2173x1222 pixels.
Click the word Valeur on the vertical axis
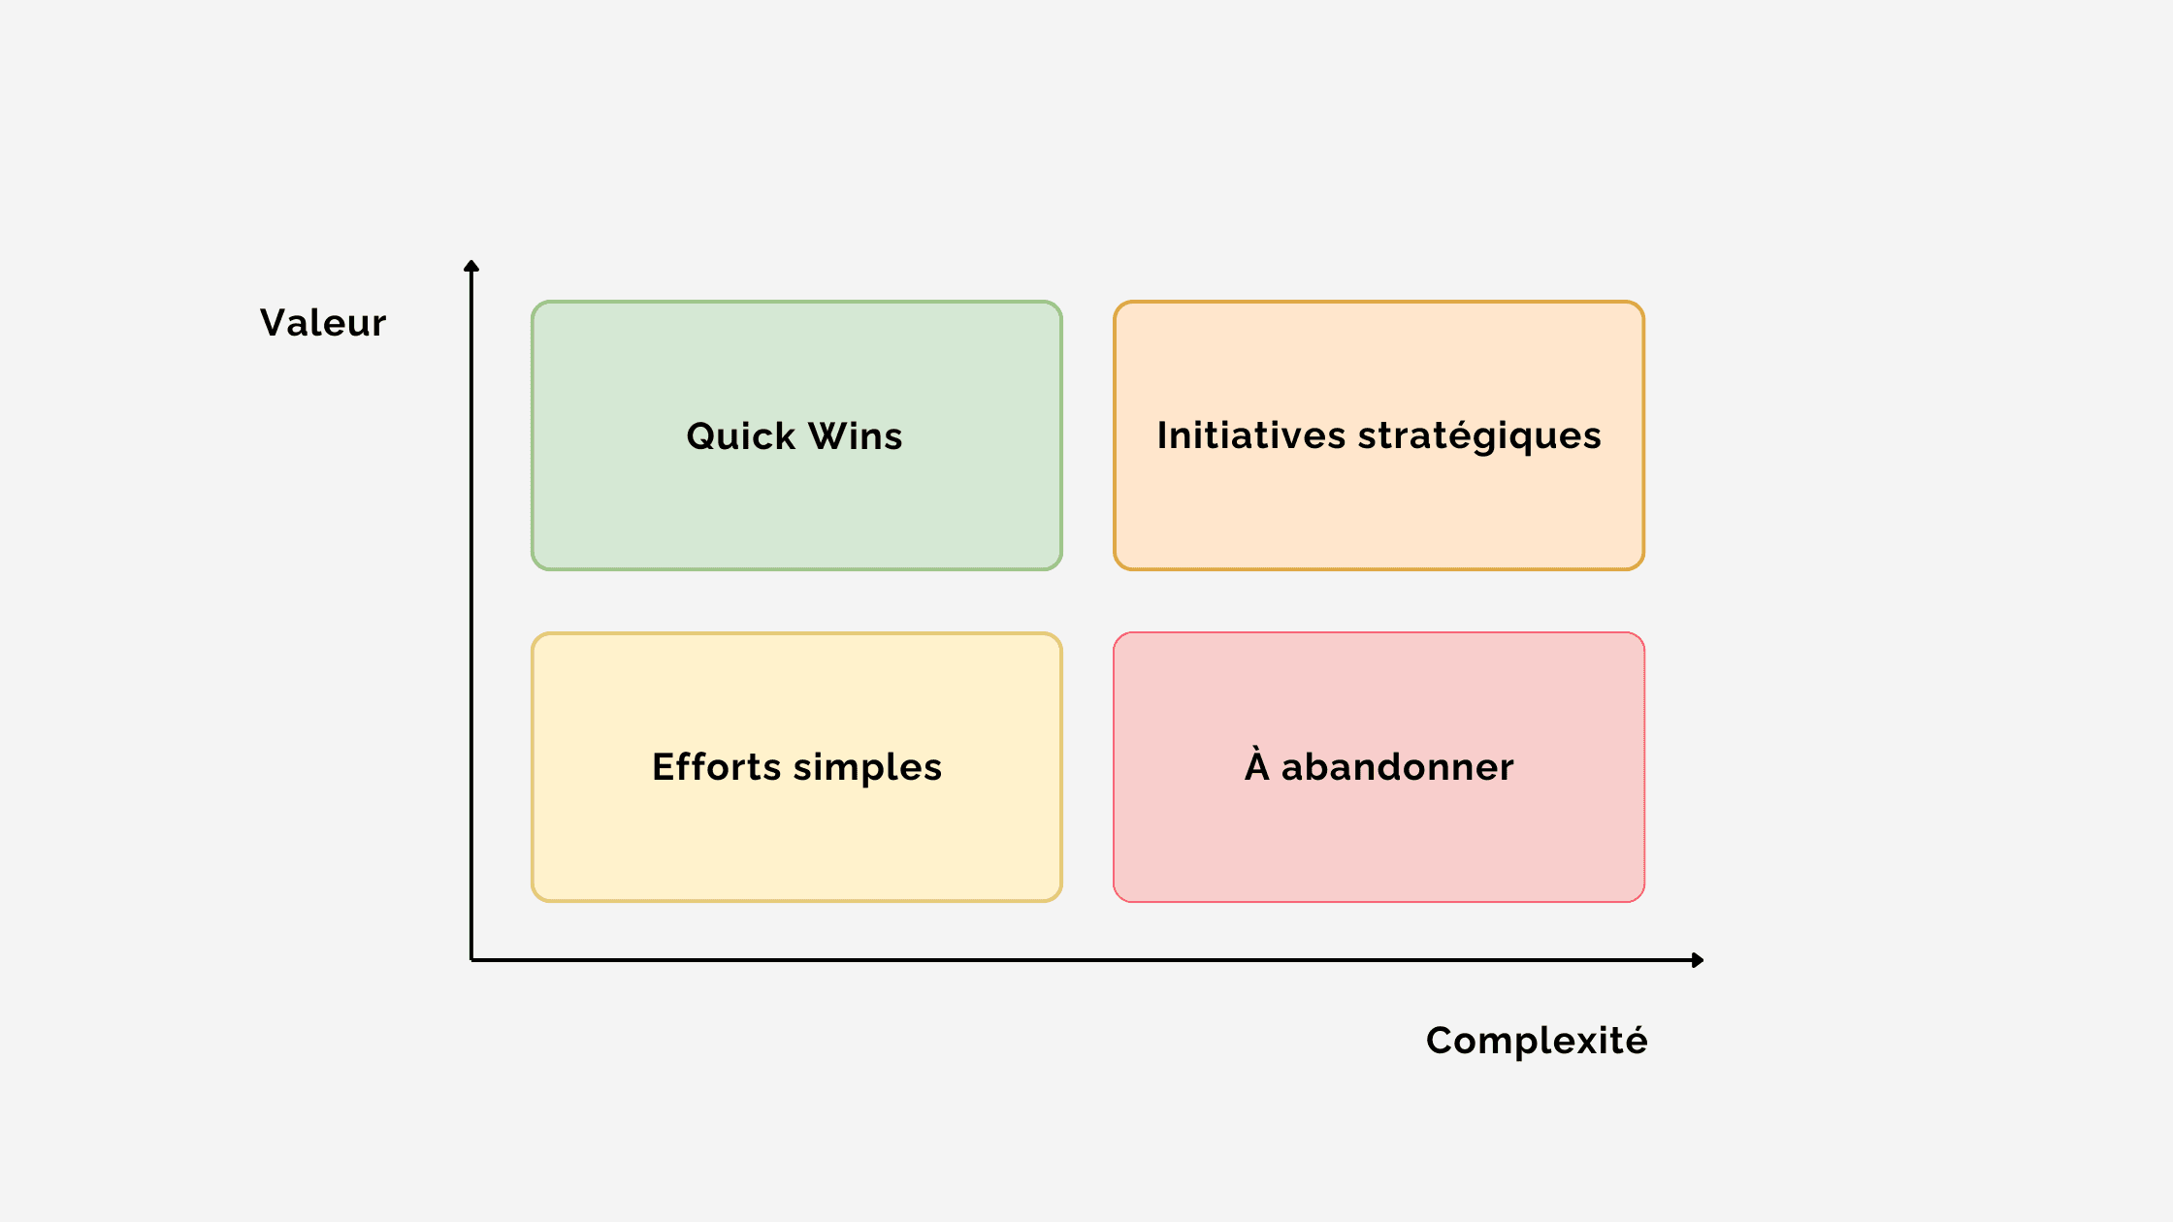(323, 323)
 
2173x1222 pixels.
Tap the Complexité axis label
(1537, 1041)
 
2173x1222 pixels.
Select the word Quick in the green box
(741, 436)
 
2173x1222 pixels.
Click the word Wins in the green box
(856, 436)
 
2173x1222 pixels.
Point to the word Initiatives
(1251, 435)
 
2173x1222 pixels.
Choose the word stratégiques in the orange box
(1479, 436)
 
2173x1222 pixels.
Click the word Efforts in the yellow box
(717, 767)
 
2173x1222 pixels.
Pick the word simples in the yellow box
(867, 768)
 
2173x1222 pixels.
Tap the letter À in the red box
(1257, 764)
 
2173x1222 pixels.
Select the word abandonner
(1397, 767)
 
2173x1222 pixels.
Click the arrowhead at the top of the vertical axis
(471, 266)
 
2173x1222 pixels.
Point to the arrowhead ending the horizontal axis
(1698, 960)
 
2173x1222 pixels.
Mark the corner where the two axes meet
(471, 960)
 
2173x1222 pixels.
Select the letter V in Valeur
(276, 323)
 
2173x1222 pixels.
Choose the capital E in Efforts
(664, 767)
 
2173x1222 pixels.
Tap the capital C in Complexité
(1442, 1041)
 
